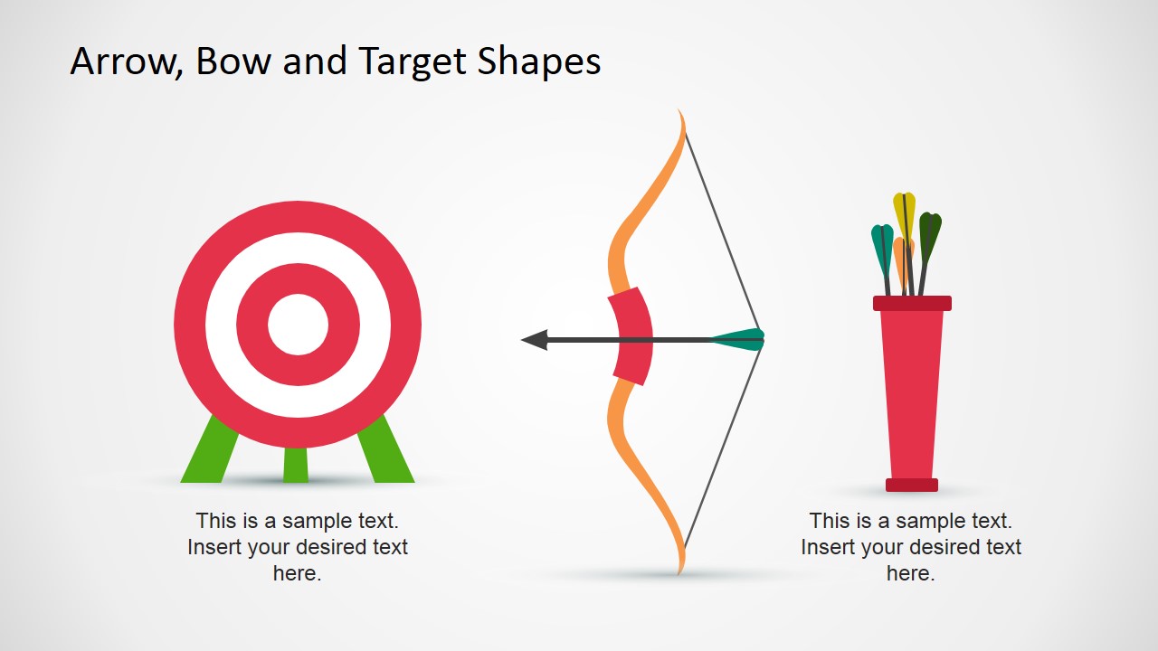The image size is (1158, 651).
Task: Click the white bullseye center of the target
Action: [298, 325]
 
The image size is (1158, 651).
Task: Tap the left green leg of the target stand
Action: [208, 452]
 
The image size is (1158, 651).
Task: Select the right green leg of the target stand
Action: [386, 452]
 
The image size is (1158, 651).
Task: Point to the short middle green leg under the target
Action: [296, 465]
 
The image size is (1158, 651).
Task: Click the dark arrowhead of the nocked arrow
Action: [535, 340]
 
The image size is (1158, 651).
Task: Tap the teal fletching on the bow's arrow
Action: [737, 339]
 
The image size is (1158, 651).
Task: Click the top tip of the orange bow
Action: [679, 109]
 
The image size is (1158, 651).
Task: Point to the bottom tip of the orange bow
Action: [679, 573]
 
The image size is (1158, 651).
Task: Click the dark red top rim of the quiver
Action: [912, 303]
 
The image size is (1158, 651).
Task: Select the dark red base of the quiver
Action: [911, 485]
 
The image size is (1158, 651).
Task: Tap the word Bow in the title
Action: [233, 61]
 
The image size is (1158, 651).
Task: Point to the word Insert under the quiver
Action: [824, 547]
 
